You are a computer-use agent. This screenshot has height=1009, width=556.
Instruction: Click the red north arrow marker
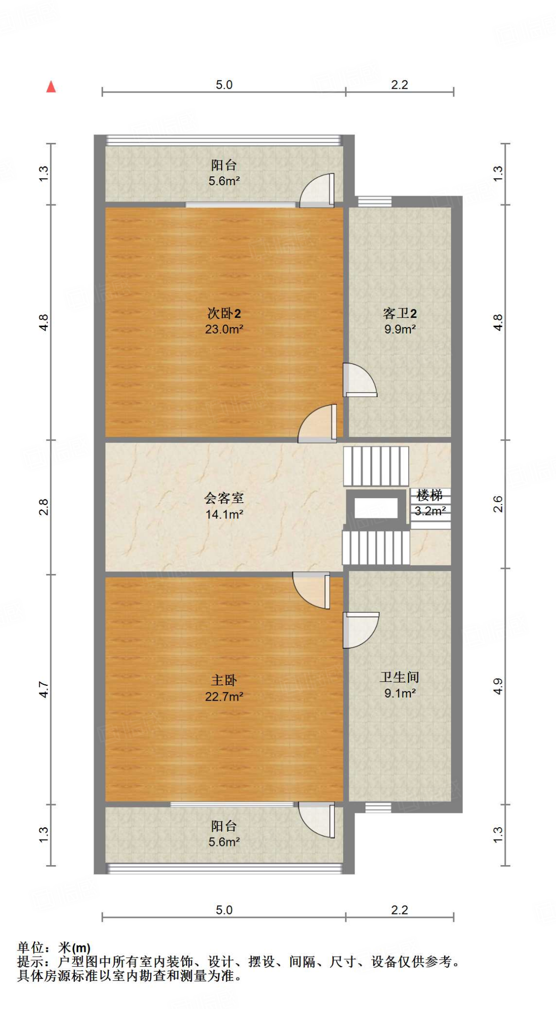tap(51, 87)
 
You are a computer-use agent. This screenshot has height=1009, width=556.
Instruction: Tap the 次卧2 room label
tap(224, 313)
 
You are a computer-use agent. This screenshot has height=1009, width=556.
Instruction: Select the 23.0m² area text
tap(224, 329)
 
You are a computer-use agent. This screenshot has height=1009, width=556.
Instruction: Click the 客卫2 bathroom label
tap(399, 313)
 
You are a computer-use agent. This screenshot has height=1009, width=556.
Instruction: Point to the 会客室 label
tap(224, 498)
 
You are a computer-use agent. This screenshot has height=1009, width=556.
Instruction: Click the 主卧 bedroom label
tap(224, 680)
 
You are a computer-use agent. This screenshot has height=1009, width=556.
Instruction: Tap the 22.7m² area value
tap(224, 696)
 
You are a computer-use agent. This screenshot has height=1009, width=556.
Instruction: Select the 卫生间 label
tap(399, 677)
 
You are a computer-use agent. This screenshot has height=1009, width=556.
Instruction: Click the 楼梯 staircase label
tap(429, 495)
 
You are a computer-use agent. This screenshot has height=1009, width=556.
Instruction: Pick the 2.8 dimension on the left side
tap(44, 507)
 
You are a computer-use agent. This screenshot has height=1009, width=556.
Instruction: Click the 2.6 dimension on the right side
tap(498, 504)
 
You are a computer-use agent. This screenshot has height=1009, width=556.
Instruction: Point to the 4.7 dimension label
tap(44, 689)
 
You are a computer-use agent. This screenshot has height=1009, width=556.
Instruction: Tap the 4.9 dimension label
tap(498, 686)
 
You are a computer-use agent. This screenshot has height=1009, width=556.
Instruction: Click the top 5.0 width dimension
tap(224, 85)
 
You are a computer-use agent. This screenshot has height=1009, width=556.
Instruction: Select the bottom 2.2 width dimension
tap(399, 910)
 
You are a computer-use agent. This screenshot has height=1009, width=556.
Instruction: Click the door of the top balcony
tap(318, 191)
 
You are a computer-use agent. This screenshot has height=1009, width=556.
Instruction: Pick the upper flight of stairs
tap(376, 466)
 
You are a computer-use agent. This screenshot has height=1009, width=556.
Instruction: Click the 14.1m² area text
tap(224, 514)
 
